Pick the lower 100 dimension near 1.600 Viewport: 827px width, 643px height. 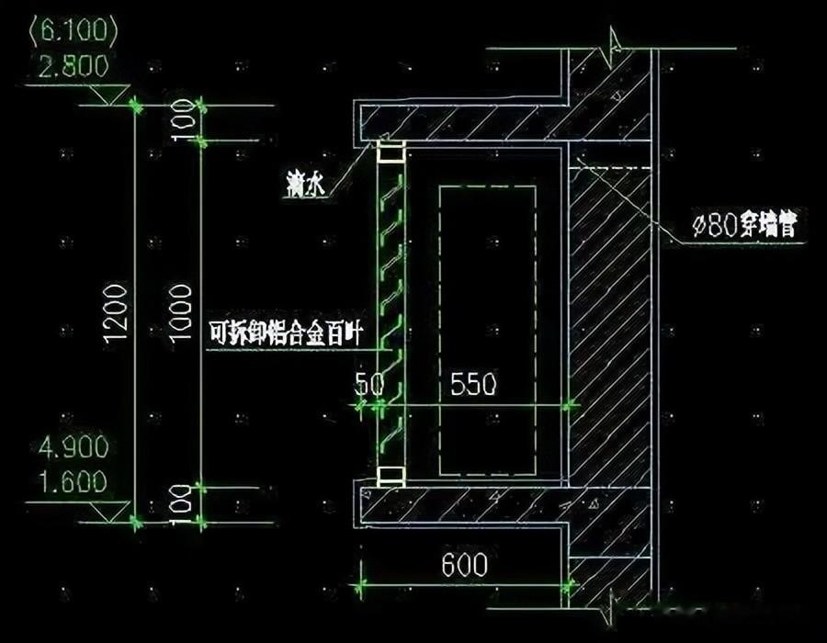click(x=181, y=502)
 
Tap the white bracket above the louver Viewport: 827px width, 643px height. click(x=391, y=152)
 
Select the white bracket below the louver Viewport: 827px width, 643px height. click(x=391, y=476)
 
